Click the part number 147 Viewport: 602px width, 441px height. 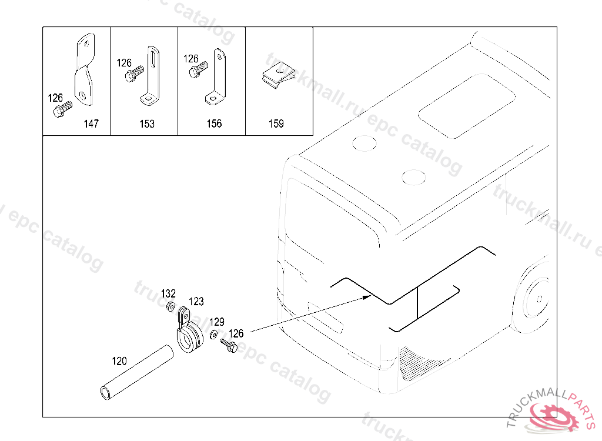click(91, 123)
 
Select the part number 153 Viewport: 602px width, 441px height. click(146, 123)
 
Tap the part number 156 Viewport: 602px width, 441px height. click(214, 123)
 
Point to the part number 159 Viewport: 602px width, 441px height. click(276, 123)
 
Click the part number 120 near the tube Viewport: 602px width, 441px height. click(119, 361)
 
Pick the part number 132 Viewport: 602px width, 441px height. click(168, 293)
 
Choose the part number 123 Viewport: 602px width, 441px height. click(196, 302)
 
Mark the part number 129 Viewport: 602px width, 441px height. click(216, 322)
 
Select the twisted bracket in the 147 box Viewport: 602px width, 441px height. click(84, 69)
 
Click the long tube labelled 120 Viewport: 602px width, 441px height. click(136, 372)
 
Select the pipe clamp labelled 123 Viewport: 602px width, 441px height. click(189, 332)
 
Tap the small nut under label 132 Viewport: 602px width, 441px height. click(170, 306)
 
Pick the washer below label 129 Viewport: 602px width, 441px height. click(213, 335)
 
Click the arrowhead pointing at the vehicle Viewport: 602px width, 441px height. click(367, 296)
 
